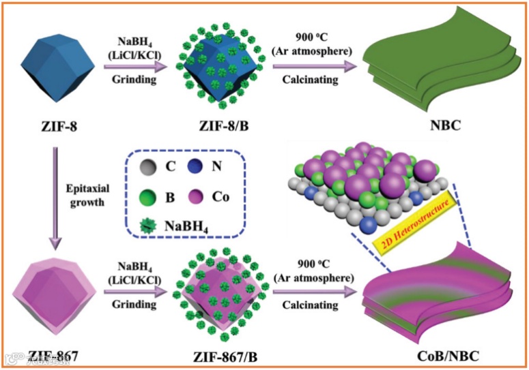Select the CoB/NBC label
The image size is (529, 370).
[444, 355]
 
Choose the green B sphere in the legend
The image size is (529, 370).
[144, 198]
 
